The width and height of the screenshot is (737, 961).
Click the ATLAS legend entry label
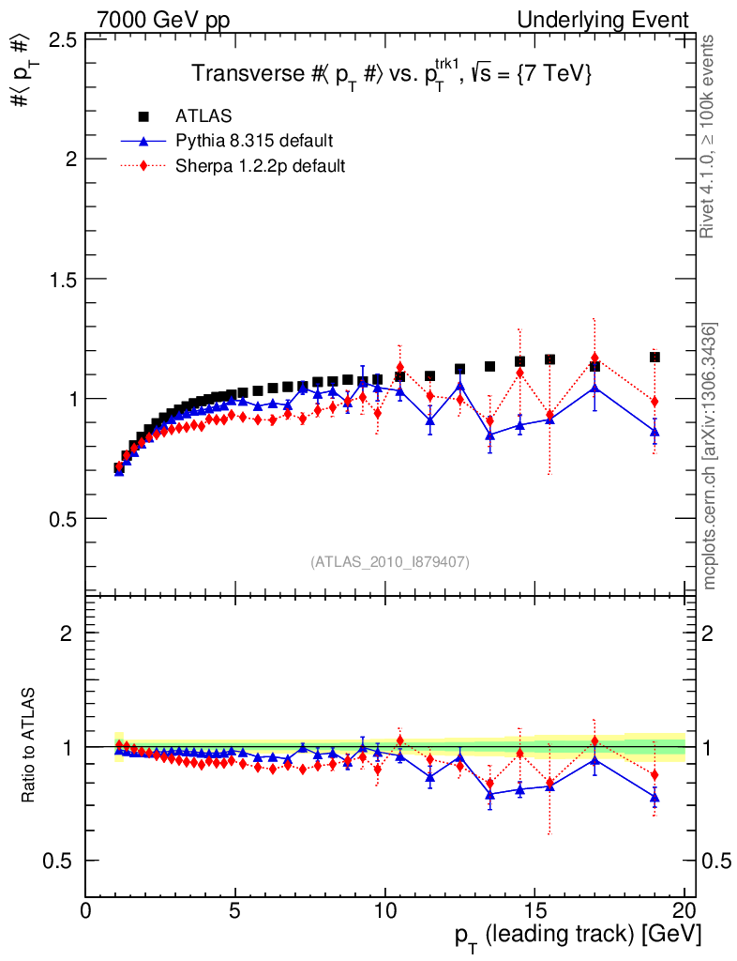coord(203,116)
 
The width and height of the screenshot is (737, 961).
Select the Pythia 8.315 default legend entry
coord(254,142)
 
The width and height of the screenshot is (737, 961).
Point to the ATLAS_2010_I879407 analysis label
coord(390,561)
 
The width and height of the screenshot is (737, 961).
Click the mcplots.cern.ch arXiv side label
coord(710,456)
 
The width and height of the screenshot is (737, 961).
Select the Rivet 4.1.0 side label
coord(710,137)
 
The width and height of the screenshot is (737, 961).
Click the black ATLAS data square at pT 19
coord(654,357)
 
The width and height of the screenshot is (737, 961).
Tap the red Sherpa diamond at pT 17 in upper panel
coord(594,358)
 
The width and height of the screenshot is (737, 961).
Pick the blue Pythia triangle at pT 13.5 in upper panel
coord(489,435)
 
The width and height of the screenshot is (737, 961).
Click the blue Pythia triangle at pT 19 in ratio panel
coord(654,798)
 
